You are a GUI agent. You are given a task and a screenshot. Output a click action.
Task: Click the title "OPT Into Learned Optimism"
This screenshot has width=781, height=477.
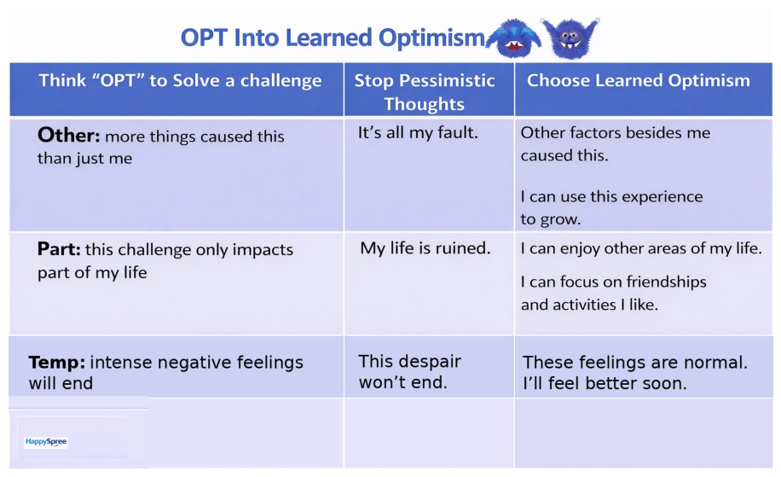point(333,38)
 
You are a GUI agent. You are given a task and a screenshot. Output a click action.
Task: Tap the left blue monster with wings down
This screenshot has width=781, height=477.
point(514,39)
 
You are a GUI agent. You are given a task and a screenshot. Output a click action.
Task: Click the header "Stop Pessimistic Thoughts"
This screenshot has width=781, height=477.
point(425,91)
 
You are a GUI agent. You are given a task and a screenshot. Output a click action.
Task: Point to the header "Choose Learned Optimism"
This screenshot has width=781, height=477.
point(638,80)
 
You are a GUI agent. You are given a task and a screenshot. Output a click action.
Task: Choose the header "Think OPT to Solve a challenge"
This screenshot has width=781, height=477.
point(180,80)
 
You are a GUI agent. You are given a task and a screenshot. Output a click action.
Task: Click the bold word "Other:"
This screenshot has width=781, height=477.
point(69,135)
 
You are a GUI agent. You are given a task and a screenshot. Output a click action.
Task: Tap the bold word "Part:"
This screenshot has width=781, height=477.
point(59,248)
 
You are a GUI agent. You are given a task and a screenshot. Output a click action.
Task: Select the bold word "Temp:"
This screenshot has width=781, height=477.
point(57,363)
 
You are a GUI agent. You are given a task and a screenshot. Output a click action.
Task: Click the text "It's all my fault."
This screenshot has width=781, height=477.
point(418,132)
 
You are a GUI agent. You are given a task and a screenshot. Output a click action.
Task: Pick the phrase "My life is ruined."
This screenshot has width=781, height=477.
point(425,248)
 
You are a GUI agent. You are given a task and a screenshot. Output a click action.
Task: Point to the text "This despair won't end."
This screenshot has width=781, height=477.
point(409,371)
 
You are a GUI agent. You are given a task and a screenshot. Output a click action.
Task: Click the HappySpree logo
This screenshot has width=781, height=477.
point(46,442)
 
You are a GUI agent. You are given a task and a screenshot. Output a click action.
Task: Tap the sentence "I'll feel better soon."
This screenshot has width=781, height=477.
point(605,383)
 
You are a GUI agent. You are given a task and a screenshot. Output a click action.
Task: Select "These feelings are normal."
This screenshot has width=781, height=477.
point(635,363)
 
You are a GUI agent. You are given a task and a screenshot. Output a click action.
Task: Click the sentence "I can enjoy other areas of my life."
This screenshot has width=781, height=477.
point(641,248)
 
